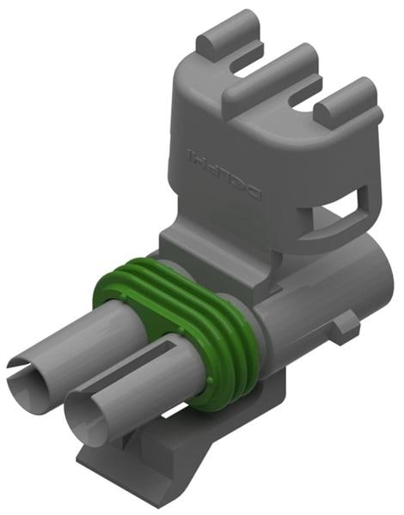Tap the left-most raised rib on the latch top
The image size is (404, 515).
click(x=229, y=35)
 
